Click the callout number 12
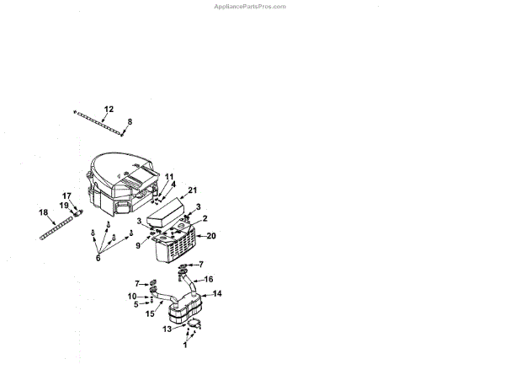tap(109, 110)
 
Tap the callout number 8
tap(130, 121)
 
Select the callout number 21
tap(193, 190)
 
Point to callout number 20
tap(211, 236)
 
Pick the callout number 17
tap(67, 195)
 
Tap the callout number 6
tap(98, 258)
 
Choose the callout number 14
tap(217, 293)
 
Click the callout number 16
tap(210, 278)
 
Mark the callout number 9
tap(139, 245)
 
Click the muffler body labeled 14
tap(187, 312)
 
